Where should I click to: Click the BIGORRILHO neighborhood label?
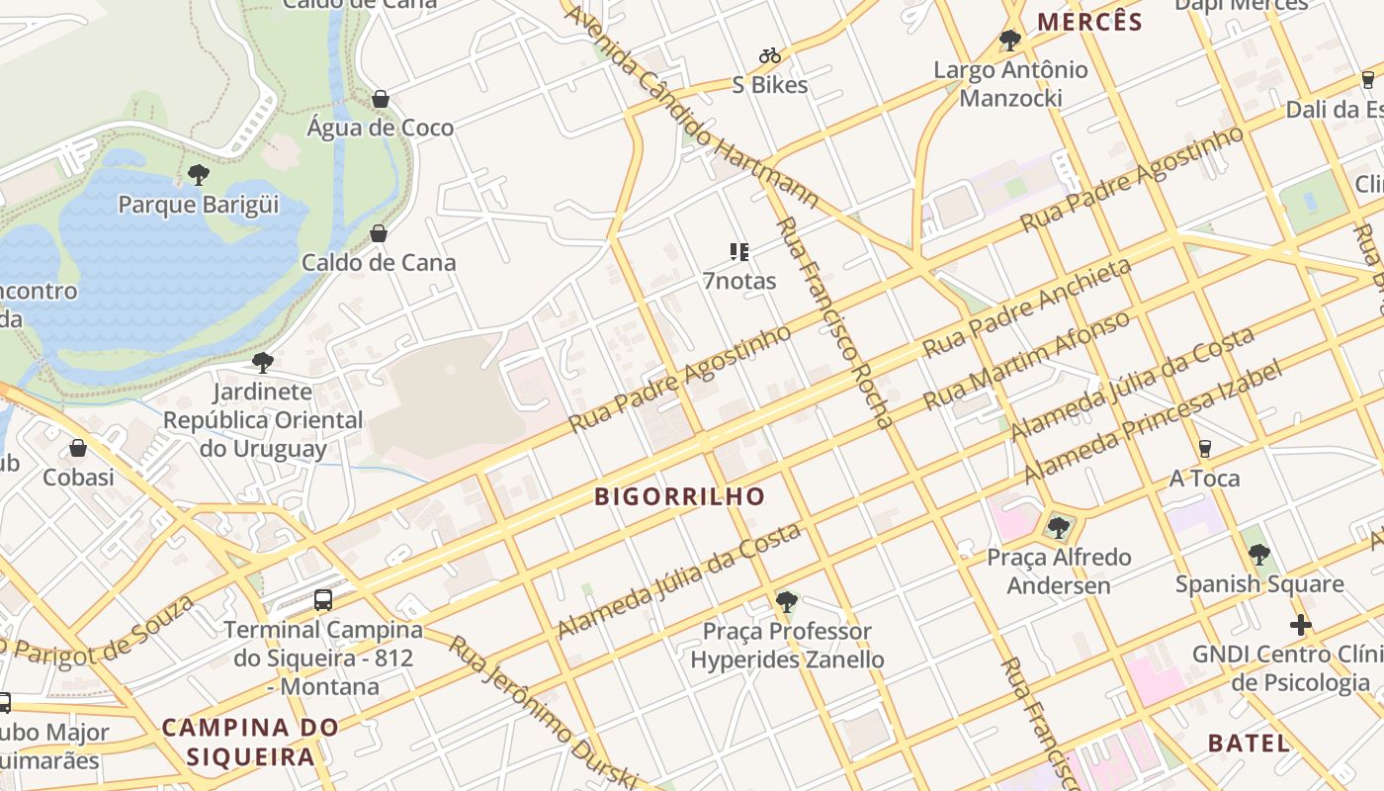(680, 496)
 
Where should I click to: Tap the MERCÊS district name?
(1088, 22)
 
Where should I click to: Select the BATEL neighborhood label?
(1249, 744)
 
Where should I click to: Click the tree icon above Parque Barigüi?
(199, 175)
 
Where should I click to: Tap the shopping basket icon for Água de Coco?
(380, 99)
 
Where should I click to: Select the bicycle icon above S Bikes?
(769, 55)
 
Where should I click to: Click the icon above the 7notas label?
(738, 252)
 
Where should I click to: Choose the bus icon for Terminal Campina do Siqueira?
(322, 599)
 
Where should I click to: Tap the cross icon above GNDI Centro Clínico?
(1300, 625)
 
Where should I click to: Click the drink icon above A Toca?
(1204, 449)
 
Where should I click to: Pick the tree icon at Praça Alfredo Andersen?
(1059, 527)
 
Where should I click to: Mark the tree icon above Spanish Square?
(1258, 554)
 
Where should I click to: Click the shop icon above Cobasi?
(78, 448)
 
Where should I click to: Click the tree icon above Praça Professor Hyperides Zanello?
(787, 601)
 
